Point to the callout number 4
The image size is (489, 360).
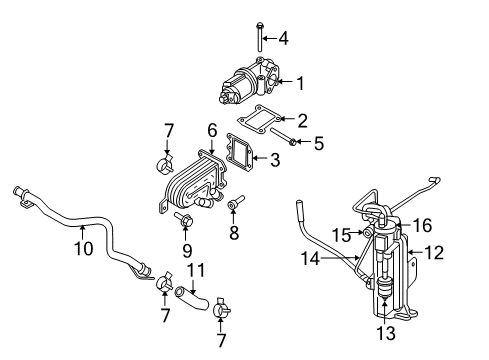283,39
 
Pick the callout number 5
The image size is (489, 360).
318,144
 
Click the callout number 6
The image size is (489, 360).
212,131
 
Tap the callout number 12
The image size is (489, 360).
432,254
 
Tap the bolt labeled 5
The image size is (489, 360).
282,143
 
